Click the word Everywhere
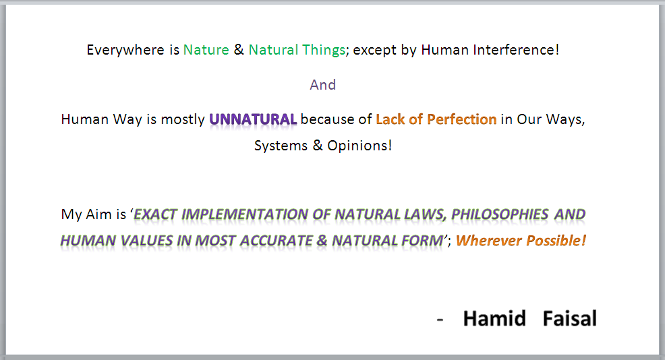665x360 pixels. (x=125, y=51)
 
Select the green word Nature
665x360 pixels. (x=206, y=50)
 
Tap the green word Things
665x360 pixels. (x=324, y=51)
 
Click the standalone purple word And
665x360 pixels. (x=323, y=85)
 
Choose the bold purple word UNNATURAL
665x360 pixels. (x=253, y=119)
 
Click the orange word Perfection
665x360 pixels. (x=461, y=119)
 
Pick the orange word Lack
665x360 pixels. (x=391, y=119)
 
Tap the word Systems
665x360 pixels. (x=281, y=146)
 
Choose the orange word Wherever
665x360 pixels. (x=488, y=241)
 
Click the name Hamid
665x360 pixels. (x=494, y=318)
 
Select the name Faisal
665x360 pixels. (x=570, y=318)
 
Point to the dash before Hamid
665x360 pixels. (x=440, y=320)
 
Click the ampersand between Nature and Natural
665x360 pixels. (x=239, y=50)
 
